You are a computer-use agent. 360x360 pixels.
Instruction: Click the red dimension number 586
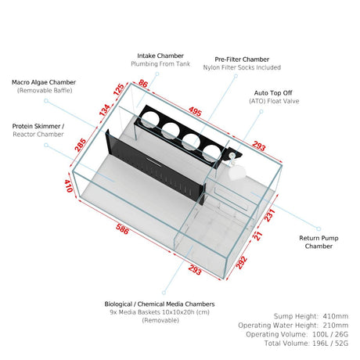tap(122, 229)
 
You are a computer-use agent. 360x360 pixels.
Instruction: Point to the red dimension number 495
tap(195, 111)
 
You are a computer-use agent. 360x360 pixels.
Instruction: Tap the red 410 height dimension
tap(68, 185)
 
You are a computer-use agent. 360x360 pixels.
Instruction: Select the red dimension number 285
tap(81, 145)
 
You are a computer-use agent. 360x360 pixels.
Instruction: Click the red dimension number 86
tap(143, 84)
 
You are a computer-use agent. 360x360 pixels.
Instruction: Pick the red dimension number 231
tap(270, 215)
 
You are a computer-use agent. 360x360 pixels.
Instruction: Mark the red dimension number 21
tap(258, 236)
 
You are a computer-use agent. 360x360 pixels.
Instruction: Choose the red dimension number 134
tap(105, 110)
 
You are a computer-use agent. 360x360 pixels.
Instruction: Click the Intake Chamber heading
tap(160, 56)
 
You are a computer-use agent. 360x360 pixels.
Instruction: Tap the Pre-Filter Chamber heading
tap(242, 59)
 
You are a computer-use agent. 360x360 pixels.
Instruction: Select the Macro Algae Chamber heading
tap(44, 82)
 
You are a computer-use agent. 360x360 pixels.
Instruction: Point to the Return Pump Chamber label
tap(319, 242)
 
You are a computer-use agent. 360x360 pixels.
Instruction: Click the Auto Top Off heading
tap(273, 93)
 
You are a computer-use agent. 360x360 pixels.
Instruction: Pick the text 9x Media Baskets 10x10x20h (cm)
tap(160, 312)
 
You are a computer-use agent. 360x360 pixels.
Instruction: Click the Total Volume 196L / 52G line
tap(306, 344)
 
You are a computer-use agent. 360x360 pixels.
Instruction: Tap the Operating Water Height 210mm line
tap(293, 326)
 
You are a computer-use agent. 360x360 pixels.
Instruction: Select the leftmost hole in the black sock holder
tap(149, 120)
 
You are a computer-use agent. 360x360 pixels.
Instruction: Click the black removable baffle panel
tap(155, 166)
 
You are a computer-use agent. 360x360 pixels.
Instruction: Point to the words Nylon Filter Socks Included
tap(242, 67)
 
